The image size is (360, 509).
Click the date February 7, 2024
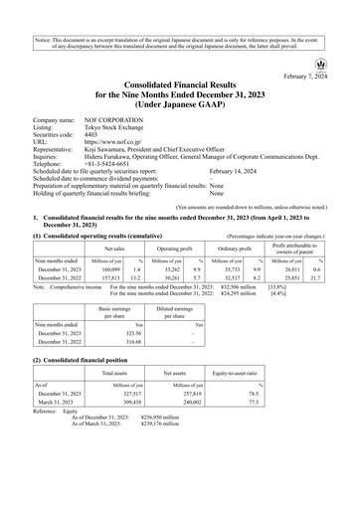pos(316,75)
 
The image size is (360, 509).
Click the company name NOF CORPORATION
pos(110,114)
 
